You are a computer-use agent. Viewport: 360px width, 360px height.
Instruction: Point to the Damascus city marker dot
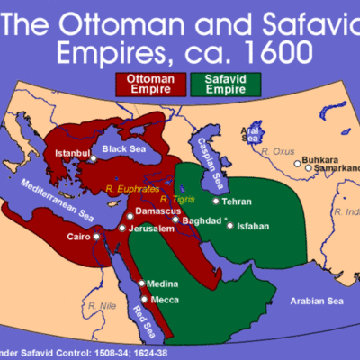tap(128, 220)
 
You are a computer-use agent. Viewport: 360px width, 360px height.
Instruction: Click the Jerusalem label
tap(152, 229)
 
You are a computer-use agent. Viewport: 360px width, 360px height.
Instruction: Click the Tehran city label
tap(237, 202)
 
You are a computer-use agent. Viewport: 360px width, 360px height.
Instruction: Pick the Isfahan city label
tap(252, 226)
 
